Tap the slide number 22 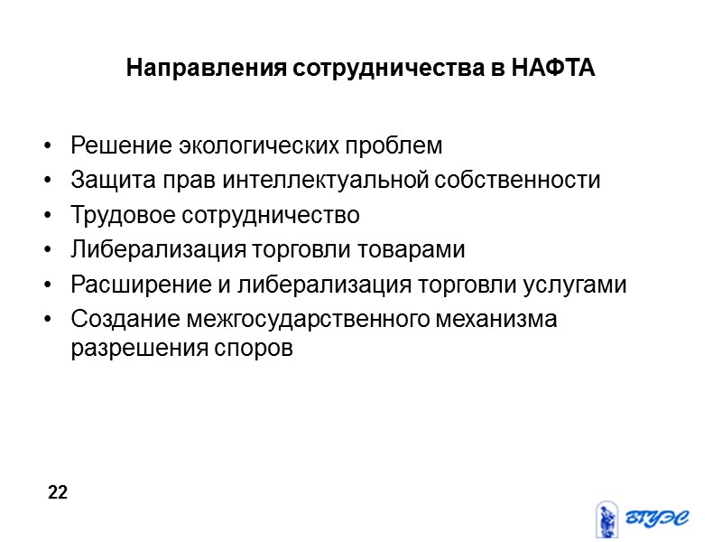[58, 492]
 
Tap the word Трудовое [124, 216]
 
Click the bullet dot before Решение [46, 146]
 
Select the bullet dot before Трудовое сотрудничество [46, 217]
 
